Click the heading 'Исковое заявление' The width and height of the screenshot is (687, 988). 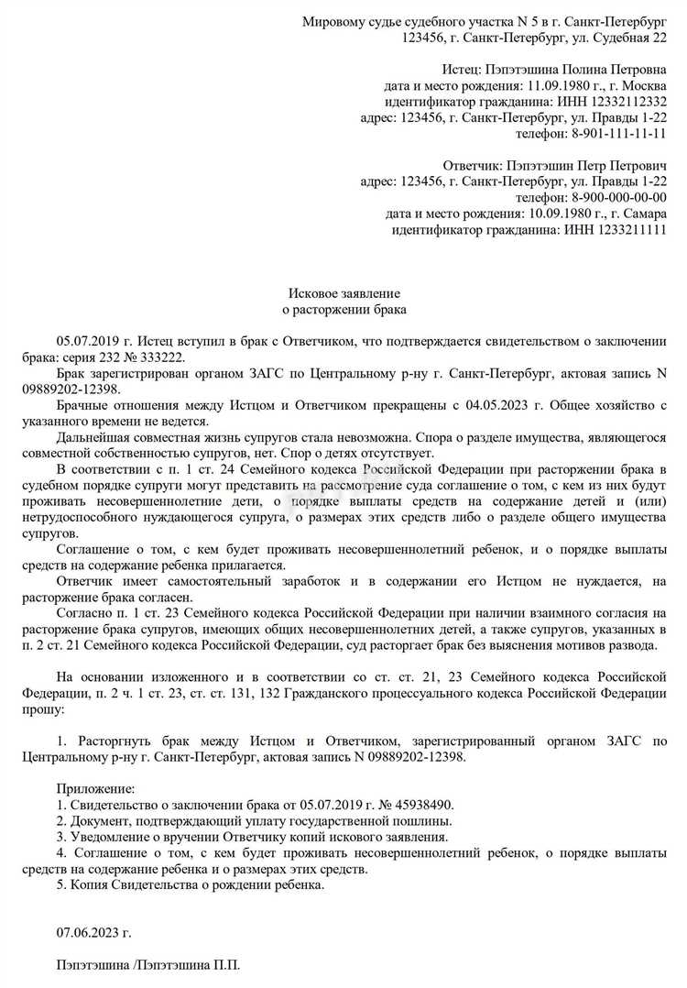[x=344, y=293]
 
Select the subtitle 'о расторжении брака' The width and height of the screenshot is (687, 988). [x=344, y=311]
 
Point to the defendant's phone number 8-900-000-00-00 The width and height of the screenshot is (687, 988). [x=619, y=197]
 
